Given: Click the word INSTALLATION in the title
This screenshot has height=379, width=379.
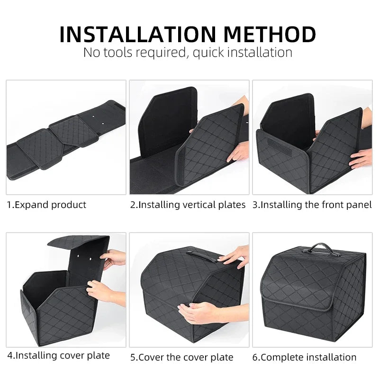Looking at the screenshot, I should click(x=137, y=34).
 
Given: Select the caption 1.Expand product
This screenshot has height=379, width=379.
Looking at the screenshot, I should click(x=46, y=205).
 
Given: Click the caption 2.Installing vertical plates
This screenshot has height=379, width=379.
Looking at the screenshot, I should click(x=188, y=205).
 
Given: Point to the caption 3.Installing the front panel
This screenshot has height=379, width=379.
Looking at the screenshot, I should click(x=312, y=205).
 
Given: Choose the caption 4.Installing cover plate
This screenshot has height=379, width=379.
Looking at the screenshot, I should click(x=58, y=355).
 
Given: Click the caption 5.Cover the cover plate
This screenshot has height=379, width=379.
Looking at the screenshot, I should click(x=182, y=357).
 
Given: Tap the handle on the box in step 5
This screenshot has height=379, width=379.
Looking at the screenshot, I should click(x=203, y=254).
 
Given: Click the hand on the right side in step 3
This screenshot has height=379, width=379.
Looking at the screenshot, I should click(x=361, y=158).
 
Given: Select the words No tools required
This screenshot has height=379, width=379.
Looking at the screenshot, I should click(x=135, y=52).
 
